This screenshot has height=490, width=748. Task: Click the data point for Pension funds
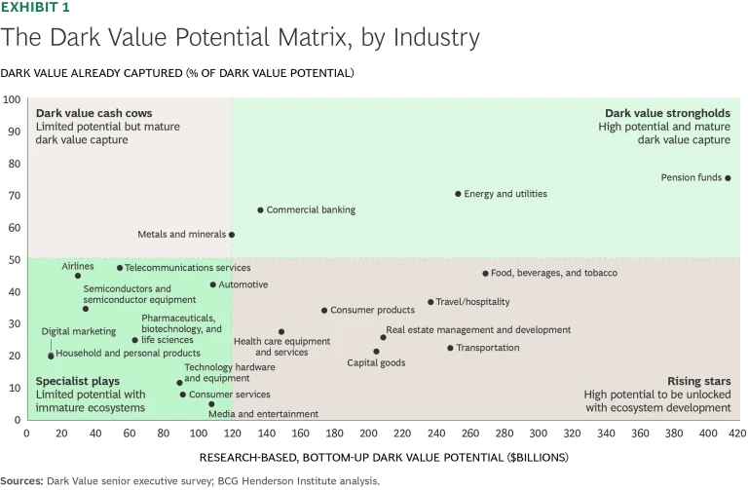(728, 178)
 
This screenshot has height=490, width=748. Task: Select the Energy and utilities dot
(458, 194)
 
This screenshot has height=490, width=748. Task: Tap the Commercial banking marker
(260, 209)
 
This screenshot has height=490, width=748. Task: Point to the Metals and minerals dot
(232, 235)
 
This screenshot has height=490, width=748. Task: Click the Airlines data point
(78, 276)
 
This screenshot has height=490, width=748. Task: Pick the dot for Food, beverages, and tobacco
(485, 274)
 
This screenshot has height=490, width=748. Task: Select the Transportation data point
(450, 348)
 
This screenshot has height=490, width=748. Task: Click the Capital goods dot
(376, 352)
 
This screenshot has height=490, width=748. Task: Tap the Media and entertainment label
(265, 414)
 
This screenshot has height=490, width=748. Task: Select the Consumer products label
(373, 311)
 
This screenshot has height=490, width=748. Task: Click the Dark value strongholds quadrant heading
(667, 113)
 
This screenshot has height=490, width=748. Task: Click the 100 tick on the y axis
(13, 99)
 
